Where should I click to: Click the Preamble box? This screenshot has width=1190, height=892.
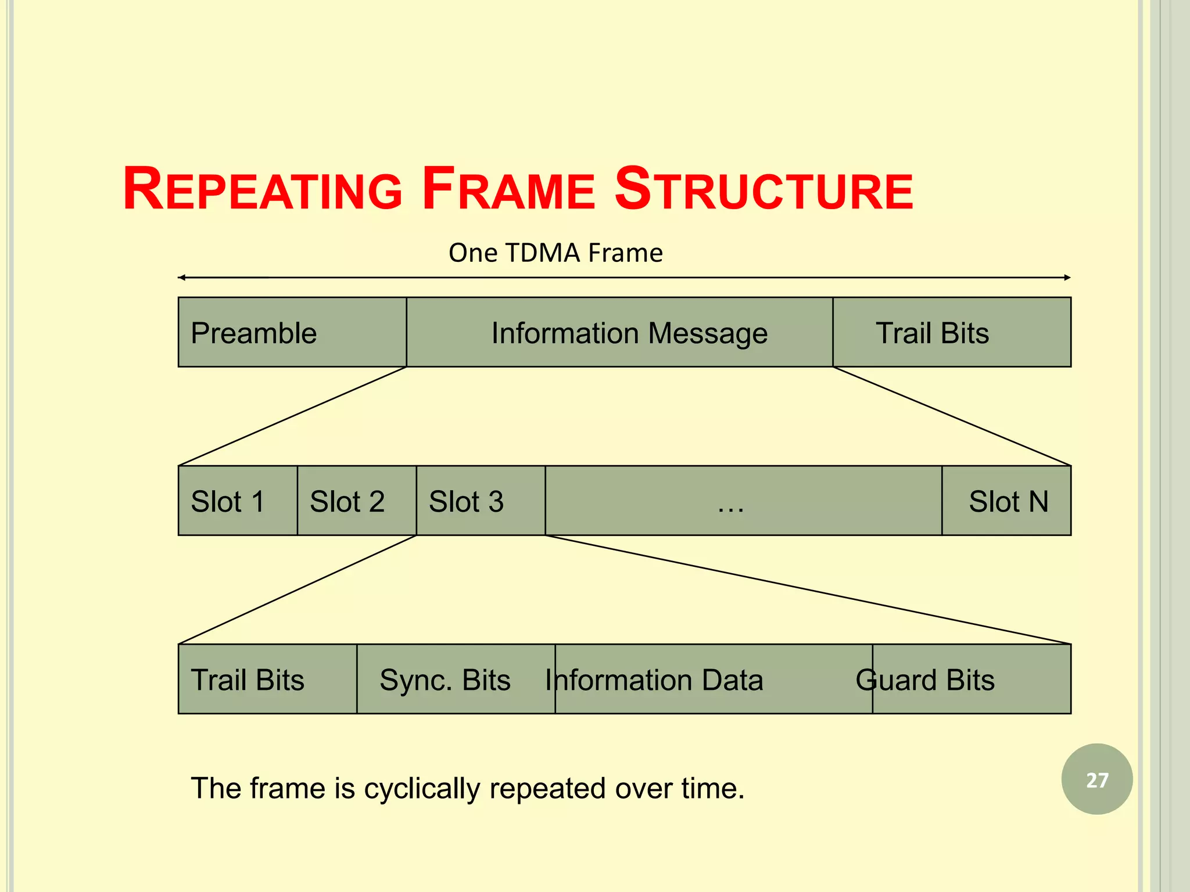[x=292, y=332]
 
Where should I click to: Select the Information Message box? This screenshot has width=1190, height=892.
[x=619, y=332]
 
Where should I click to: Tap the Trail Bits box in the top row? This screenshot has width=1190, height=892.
[x=951, y=332]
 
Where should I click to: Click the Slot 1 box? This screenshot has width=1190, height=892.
[x=238, y=501]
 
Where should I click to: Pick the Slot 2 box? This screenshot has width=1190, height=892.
[x=356, y=501]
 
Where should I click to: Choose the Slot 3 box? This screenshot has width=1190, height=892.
[x=481, y=501]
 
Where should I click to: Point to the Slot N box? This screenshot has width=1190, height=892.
[x=1006, y=501]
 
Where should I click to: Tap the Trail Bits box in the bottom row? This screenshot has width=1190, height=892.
[x=267, y=679]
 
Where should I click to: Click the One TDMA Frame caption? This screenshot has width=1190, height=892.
[x=555, y=253]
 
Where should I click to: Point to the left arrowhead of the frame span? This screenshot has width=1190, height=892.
[x=181, y=278]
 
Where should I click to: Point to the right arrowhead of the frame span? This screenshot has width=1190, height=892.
[x=1067, y=278]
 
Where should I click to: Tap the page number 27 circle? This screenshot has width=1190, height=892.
[x=1096, y=779]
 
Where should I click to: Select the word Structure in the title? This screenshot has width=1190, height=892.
[x=764, y=190]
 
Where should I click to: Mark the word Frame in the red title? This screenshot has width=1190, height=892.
[x=508, y=190]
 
